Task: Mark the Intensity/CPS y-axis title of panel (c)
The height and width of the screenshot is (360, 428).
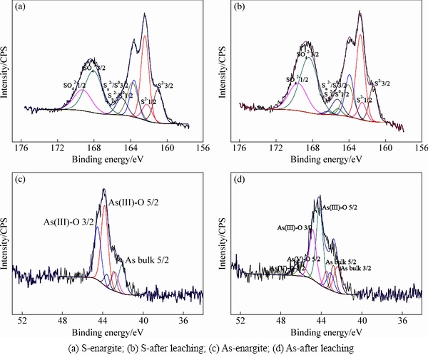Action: coord(6,242)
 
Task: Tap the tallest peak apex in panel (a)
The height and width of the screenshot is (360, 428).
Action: coord(144,14)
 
